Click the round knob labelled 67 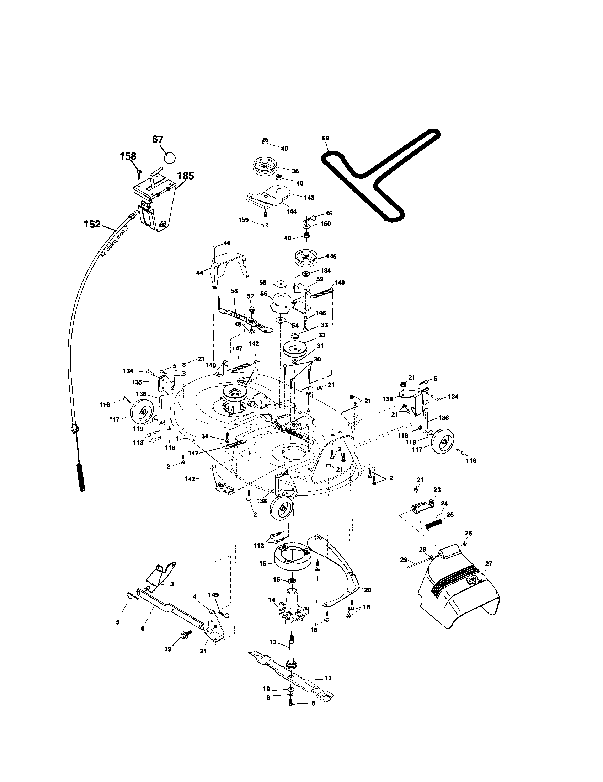click(x=170, y=157)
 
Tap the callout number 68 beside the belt click(x=325, y=138)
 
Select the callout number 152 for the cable click(x=92, y=225)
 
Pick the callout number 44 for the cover click(x=199, y=273)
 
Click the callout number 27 click(x=489, y=564)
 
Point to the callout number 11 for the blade click(x=328, y=678)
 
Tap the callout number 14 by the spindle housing click(x=272, y=599)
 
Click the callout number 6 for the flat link click(x=143, y=628)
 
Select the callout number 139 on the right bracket click(x=389, y=399)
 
